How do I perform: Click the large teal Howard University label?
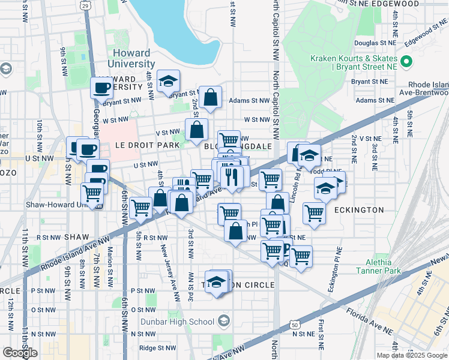click(132, 56)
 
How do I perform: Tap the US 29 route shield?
click(86, 5)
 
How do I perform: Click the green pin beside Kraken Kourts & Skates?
click(406, 62)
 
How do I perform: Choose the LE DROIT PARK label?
click(139, 145)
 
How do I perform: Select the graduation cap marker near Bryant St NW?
click(169, 81)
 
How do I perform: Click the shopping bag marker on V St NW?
click(196, 129)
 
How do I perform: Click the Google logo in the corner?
click(20, 353)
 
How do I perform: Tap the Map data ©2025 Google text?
click(411, 355)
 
